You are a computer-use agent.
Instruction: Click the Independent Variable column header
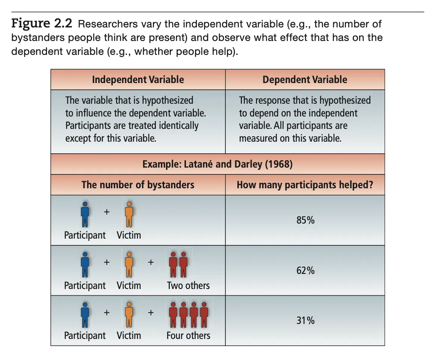tap(138, 80)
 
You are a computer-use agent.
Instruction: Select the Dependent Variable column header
tap(305, 80)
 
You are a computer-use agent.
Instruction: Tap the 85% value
tap(305, 220)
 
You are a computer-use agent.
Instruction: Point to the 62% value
tap(305, 271)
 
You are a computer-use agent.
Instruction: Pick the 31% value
tap(305, 321)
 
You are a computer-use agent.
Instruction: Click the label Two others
tap(189, 286)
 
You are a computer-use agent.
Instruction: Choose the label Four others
tap(188, 336)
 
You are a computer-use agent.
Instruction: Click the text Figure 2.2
tap(42, 24)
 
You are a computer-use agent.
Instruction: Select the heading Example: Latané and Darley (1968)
tap(218, 165)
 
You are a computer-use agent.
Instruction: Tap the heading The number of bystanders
tap(138, 185)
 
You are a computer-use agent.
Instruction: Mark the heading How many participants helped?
tap(305, 185)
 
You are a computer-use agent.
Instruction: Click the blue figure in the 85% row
tap(85, 214)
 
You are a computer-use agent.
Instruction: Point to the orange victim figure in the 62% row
tap(129, 265)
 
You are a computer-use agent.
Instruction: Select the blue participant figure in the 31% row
tap(85, 315)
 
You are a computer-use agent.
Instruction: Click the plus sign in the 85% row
tap(107, 212)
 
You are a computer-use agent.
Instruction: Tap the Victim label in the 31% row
tap(129, 336)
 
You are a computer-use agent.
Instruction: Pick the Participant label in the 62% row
tap(85, 286)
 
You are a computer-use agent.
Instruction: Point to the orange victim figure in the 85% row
tap(129, 214)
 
